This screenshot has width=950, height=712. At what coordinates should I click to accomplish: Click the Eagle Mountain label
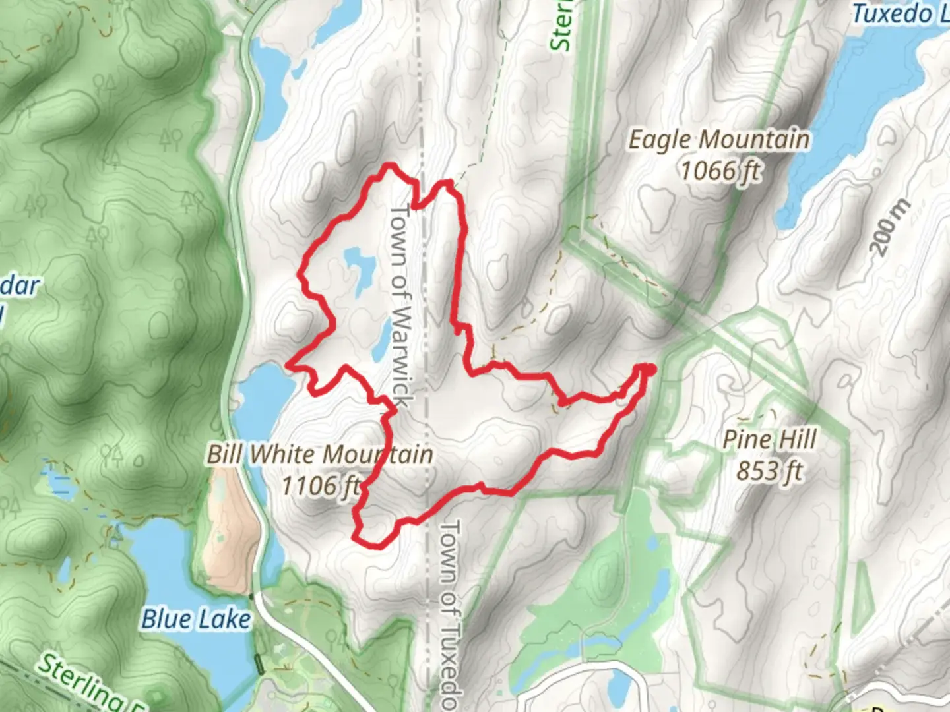[718, 140]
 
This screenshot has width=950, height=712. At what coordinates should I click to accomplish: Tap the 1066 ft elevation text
[720, 171]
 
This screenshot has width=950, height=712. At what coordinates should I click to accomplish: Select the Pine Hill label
[769, 440]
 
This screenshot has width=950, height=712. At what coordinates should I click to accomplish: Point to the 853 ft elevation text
[769, 471]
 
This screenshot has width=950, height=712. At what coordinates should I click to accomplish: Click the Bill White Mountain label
[320, 454]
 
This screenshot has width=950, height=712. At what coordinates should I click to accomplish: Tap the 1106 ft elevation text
[321, 487]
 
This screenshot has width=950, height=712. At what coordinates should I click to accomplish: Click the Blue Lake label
[196, 619]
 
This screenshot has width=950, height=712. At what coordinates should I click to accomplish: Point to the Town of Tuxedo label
[449, 613]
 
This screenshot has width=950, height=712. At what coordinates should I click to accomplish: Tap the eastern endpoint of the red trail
[650, 369]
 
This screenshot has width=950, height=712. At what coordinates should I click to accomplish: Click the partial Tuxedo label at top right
[900, 13]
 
